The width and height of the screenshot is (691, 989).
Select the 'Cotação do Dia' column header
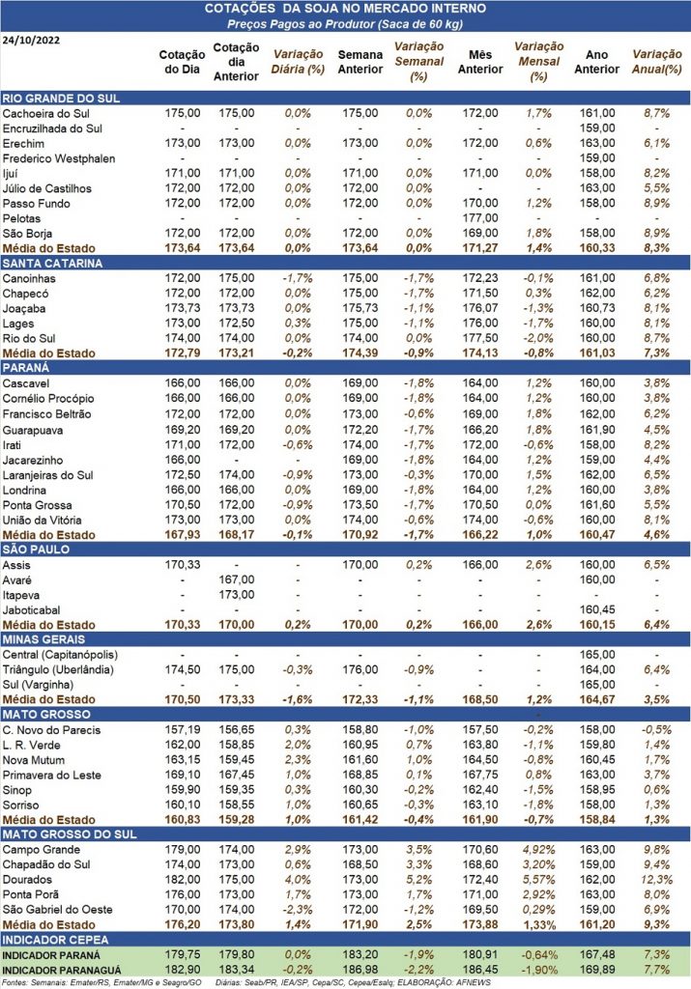182,62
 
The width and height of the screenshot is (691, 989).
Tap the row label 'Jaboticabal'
34,609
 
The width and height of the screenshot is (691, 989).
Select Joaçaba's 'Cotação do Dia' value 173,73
182,308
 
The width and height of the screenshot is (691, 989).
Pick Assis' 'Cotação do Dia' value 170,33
182,564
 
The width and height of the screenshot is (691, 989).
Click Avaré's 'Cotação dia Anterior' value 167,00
235,579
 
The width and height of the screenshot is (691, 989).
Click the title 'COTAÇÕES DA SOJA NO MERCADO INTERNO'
346,9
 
